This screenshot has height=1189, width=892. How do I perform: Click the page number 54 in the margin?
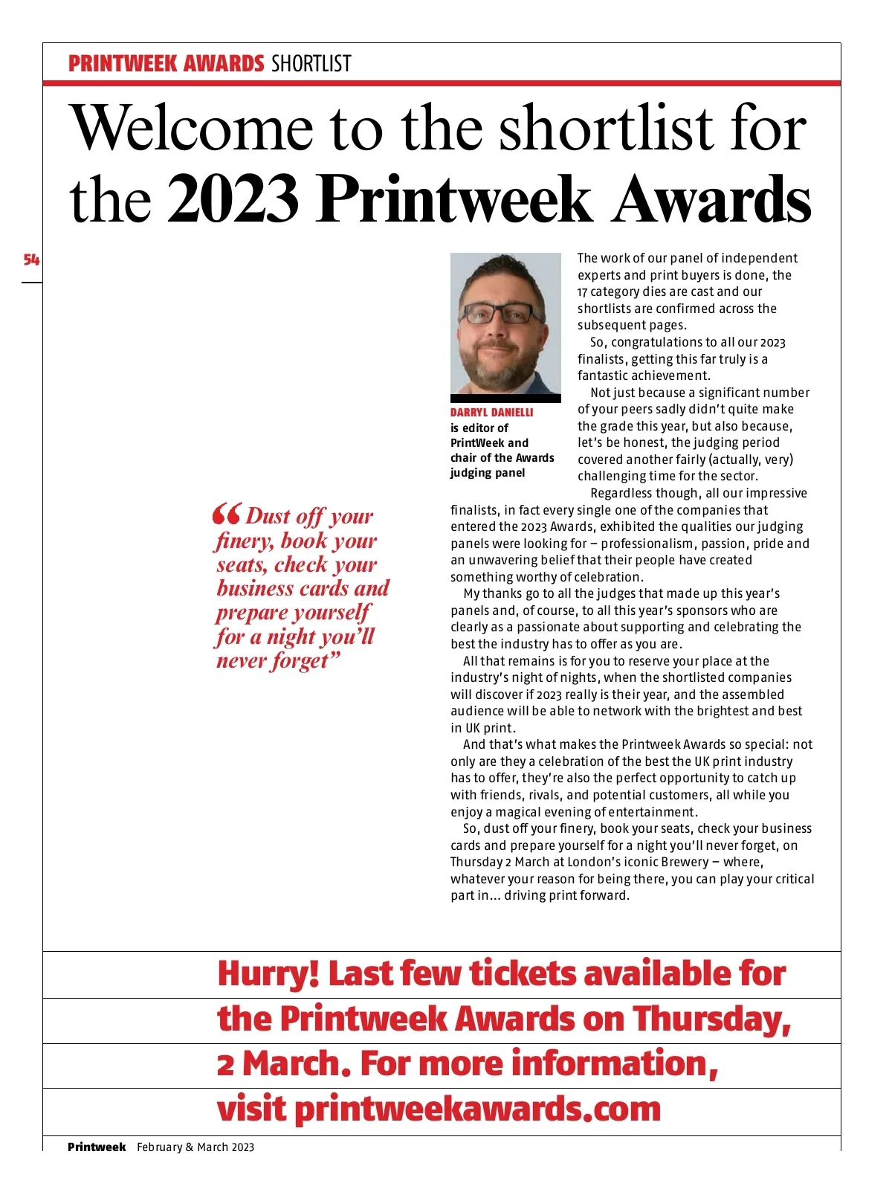[31, 260]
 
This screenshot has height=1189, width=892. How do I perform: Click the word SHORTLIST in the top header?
[311, 64]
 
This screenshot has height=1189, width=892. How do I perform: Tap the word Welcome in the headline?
[192, 129]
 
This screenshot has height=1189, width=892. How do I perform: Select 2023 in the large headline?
[233, 199]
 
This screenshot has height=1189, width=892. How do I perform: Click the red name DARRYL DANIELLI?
[491, 412]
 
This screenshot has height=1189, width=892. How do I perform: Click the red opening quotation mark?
[226, 514]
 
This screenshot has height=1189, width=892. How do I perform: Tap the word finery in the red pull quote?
[243, 541]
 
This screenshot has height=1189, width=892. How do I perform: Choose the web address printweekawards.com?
[477, 1109]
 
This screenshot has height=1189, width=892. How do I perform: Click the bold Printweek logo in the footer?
[97, 1147]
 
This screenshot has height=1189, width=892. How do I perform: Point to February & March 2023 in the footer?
[195, 1147]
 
